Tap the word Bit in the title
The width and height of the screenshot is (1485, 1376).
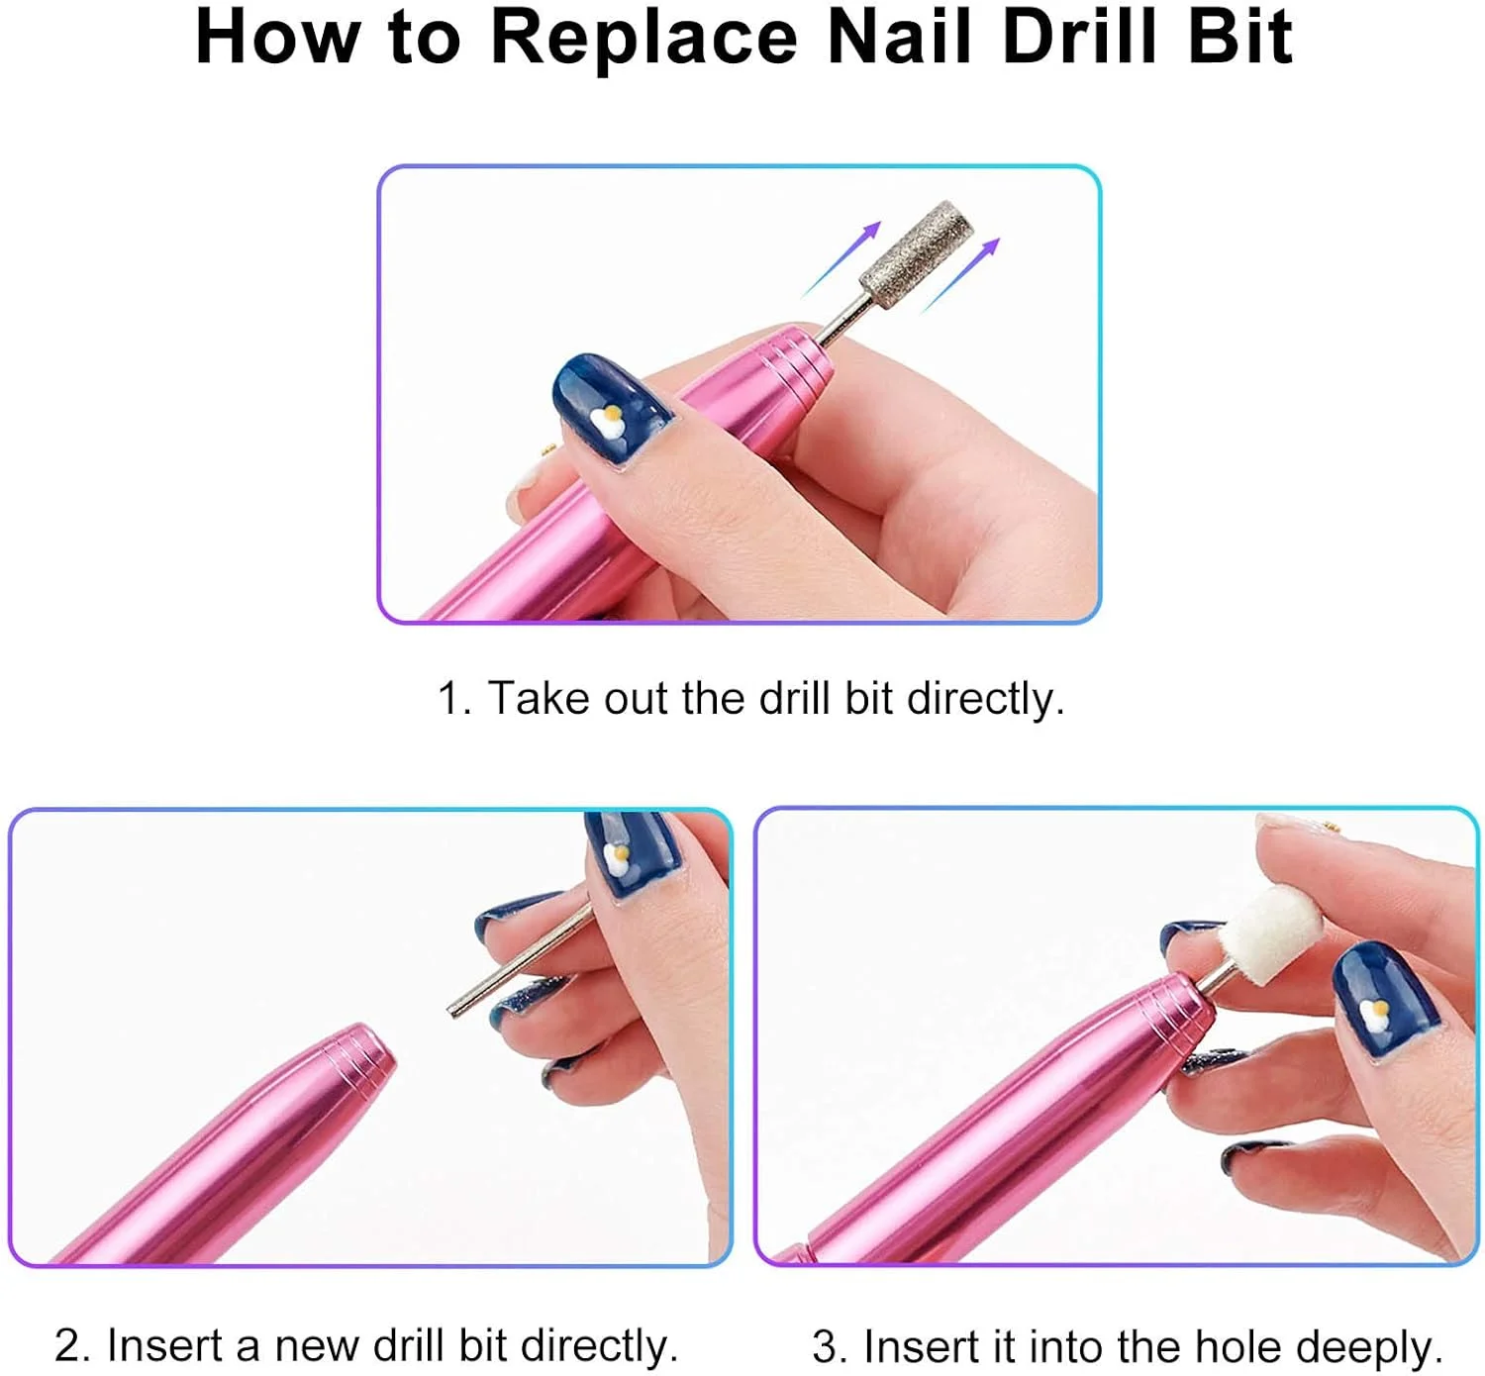(x=1239, y=38)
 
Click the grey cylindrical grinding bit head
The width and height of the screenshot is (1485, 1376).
(x=916, y=252)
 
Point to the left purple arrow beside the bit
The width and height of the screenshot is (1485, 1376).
(x=841, y=258)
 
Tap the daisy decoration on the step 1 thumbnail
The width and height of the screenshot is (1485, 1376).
(x=608, y=421)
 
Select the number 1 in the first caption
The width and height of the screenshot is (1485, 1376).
(x=449, y=699)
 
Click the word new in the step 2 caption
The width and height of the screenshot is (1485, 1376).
(x=316, y=1345)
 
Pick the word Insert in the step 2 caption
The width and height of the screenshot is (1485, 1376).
(x=165, y=1344)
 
